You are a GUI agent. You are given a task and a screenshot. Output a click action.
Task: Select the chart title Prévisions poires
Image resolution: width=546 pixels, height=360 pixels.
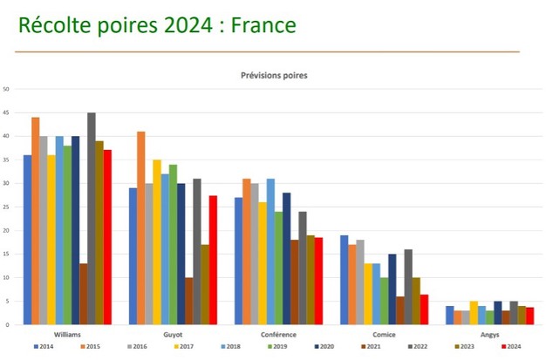pyautogui.click(x=274, y=75)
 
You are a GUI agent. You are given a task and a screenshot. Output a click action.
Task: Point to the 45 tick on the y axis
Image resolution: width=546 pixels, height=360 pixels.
pyautogui.click(x=6, y=112)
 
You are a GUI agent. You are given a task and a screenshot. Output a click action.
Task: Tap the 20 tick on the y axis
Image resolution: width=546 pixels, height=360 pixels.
pyautogui.click(x=6, y=230)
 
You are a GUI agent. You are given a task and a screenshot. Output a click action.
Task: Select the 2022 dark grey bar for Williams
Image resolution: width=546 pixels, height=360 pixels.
pyautogui.click(x=92, y=218)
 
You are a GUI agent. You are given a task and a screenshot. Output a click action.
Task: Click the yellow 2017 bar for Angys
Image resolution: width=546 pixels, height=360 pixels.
pyautogui.click(x=474, y=313)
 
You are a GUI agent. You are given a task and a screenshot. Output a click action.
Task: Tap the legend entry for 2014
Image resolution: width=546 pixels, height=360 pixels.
pyautogui.click(x=43, y=346)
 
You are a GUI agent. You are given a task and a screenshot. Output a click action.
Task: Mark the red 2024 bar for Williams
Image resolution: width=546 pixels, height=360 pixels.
pyautogui.click(x=107, y=237)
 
